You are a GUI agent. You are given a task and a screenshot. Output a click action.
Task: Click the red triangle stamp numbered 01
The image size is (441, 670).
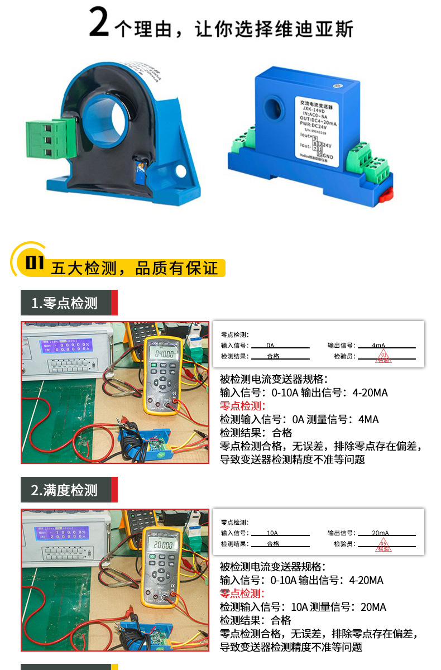pos(383,357)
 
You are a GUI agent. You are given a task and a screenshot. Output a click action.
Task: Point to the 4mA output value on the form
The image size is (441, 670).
pos(378,346)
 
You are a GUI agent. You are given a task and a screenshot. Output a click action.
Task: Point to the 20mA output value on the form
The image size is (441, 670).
pos(380,533)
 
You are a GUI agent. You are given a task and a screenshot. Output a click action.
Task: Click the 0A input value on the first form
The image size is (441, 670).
pos(270,346)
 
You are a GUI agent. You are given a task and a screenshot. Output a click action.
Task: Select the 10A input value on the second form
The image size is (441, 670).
pos(272,533)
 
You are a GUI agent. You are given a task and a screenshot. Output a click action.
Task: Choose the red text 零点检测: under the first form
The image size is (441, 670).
pos(243,406)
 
